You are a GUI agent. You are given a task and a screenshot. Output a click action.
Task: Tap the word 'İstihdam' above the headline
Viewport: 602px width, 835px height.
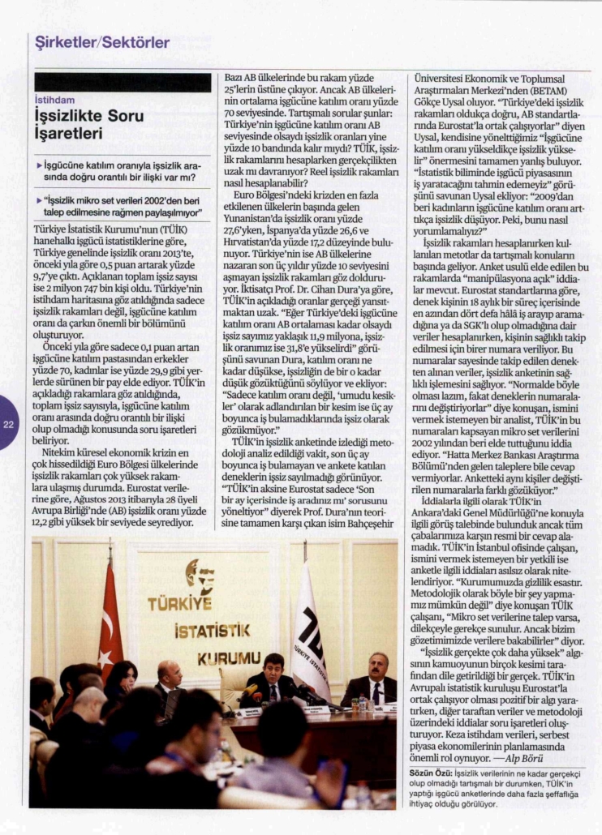[55, 101]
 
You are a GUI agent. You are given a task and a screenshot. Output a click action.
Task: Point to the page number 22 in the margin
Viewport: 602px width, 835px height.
[9, 423]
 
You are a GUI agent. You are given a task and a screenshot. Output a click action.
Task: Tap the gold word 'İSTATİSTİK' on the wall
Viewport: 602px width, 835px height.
[198, 630]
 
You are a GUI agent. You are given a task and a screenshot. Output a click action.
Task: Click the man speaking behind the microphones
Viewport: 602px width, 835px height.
[273, 679]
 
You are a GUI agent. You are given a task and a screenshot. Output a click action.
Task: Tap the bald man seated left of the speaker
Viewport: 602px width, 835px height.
[170, 679]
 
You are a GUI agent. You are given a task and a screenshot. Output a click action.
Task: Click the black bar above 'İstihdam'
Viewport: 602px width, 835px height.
[123, 82]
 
